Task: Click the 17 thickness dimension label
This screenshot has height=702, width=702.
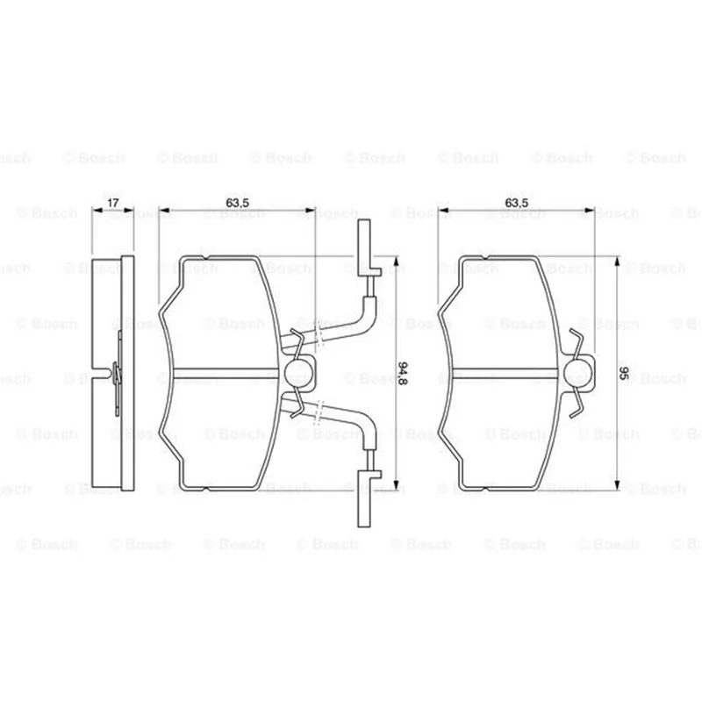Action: (112, 203)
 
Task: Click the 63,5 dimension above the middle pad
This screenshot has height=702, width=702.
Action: (237, 203)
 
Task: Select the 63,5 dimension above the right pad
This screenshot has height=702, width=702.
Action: (516, 203)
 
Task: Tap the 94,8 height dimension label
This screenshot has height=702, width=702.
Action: (402, 373)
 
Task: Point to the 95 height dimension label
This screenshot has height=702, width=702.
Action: (624, 373)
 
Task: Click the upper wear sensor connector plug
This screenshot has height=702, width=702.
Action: (367, 248)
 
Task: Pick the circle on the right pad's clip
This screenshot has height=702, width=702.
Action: (577, 373)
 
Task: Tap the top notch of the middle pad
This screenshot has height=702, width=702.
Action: (206, 257)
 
